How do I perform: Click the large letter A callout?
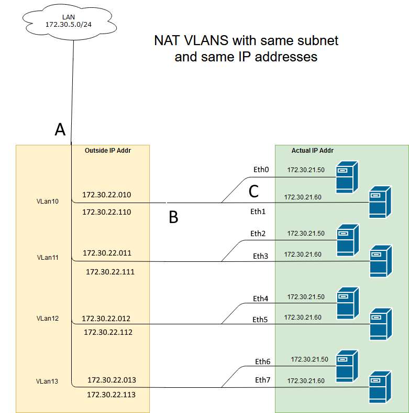pos(60,130)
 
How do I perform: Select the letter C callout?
pos(253,192)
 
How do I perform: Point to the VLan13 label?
pos(47,380)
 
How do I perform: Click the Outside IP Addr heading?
pos(107,151)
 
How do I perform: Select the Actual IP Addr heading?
pos(313,151)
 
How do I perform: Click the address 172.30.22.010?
pos(107,195)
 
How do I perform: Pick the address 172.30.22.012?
pos(106,319)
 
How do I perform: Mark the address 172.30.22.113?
pos(111,394)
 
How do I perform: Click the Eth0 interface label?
pos(260,170)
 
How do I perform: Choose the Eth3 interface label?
pos(260,256)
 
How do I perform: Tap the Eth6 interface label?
pos(263,362)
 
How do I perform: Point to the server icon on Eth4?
pos(347,303)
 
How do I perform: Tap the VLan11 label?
pos(48,258)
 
